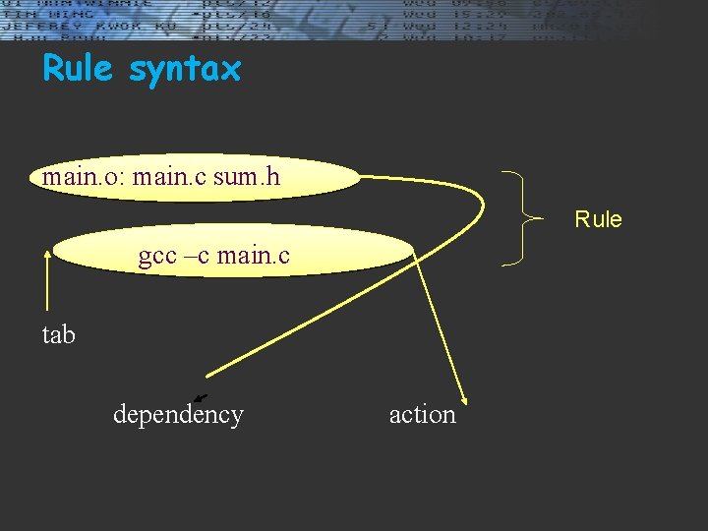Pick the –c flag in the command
(x=202, y=257)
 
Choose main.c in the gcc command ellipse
(x=254, y=257)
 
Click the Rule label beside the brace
(x=598, y=218)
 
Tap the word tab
(x=58, y=334)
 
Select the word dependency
(x=178, y=414)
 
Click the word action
(x=423, y=414)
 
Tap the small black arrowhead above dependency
(x=200, y=397)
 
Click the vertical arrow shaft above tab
(x=47, y=285)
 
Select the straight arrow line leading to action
(x=438, y=324)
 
